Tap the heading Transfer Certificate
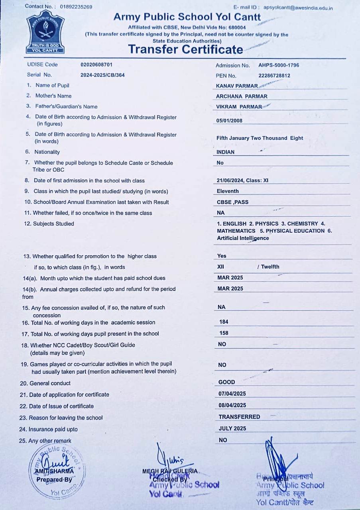coord(185,49)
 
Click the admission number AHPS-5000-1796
coord(279,65)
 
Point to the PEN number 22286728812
coord(274,76)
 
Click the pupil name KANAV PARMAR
coord(237,86)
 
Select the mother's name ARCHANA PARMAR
coord(242,96)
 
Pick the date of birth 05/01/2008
coord(229,121)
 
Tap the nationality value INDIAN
coord(226,152)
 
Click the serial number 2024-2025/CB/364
coord(102,75)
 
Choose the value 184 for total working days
coord(224,322)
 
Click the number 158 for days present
coord(224,333)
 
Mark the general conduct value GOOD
coord(227,382)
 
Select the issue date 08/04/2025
coord(232,405)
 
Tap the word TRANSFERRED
coord(239,417)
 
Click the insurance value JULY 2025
coord(232,429)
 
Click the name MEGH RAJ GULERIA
coord(170,471)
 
